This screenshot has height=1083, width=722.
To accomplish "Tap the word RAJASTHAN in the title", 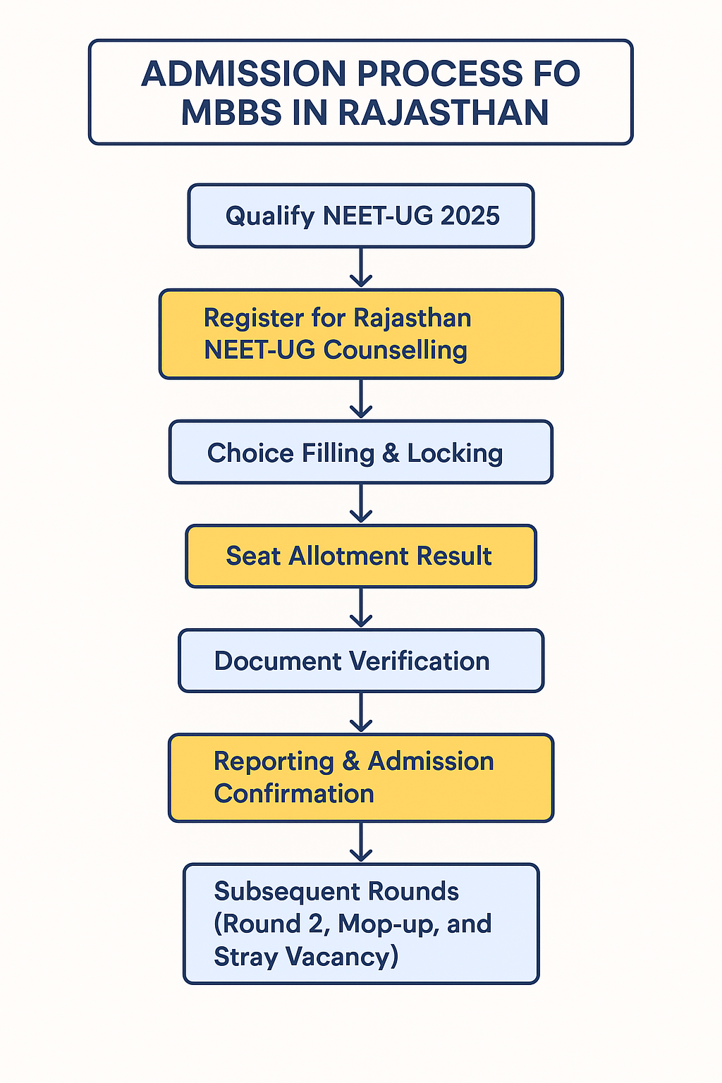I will pos(443,113).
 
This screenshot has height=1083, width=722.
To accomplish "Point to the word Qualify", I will pos(269,216).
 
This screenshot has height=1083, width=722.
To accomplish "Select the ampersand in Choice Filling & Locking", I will pos(391,453).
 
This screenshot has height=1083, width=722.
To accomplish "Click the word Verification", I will pos(420,661).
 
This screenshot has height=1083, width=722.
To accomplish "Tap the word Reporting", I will pos(274,762).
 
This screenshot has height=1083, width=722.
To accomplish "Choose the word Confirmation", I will pos(294,794).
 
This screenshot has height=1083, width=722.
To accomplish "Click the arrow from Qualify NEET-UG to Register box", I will pos(361,268).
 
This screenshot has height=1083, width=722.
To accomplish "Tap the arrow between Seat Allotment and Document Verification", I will pos(361,608).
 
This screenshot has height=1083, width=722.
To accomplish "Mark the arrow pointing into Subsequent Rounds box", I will pos(361,843).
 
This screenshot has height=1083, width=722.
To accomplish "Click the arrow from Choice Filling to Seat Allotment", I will pos(361,503).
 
